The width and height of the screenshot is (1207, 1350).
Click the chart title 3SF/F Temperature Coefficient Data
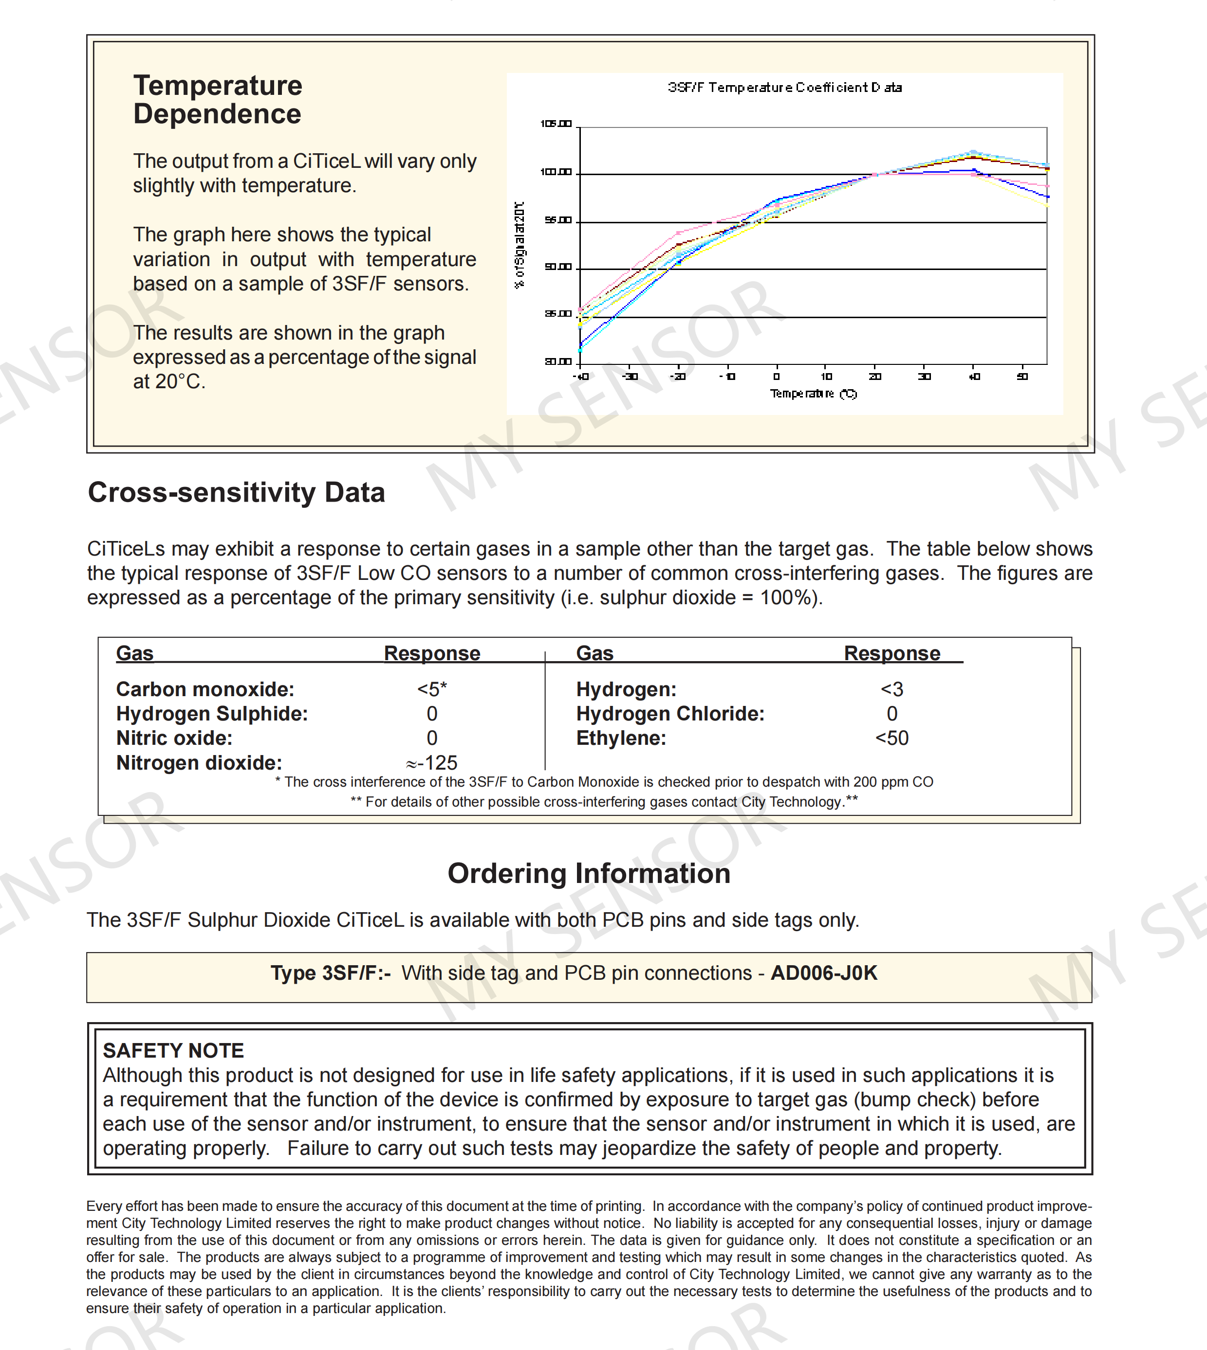(784, 88)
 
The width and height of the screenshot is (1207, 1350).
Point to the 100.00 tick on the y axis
(556, 172)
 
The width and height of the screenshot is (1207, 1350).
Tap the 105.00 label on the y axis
(556, 124)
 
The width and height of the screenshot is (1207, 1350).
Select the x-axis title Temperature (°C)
(813, 394)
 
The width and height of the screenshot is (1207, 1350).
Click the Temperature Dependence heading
(218, 99)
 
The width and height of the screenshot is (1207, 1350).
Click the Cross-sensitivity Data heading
(236, 492)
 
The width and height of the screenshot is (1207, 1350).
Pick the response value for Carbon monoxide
(432, 689)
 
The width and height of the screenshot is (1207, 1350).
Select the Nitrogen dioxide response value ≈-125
(432, 763)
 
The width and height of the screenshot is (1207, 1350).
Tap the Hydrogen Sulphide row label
(212, 714)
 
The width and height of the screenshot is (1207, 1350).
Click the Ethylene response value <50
(892, 738)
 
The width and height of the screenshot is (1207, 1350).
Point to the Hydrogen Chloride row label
(670, 714)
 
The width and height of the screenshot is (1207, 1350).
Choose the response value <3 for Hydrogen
(892, 689)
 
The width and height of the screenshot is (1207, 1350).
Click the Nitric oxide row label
(174, 738)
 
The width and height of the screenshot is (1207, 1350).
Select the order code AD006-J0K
(824, 973)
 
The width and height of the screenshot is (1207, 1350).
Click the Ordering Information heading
(589, 874)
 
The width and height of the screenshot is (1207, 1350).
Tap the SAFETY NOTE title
(174, 1050)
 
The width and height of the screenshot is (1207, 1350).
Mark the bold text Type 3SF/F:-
(330, 973)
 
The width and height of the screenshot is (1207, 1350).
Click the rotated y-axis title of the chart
(520, 245)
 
